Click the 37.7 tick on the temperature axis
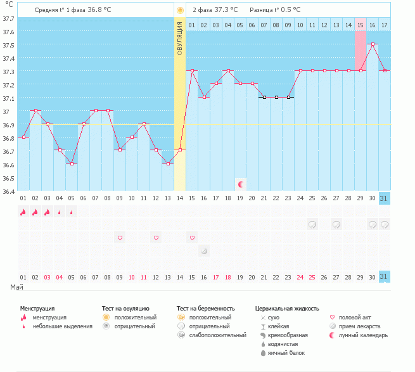pos(9,18)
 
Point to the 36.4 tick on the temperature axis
pos(9,191)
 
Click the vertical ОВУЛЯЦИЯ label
pos(180,38)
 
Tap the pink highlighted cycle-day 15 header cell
pos(360,25)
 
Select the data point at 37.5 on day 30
pos(372,44)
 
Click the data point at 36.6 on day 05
pos(72,164)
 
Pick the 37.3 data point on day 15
pos(192,71)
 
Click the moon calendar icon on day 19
pos(241,184)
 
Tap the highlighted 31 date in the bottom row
pos(384,277)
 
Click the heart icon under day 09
pos(120,238)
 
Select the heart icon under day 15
pos(192,238)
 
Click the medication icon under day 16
pos(204,251)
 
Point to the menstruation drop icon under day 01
pos(23,212)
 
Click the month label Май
pos(17,288)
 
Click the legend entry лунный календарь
pos(363,335)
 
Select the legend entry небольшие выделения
pos(61,326)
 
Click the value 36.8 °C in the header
pos(103,10)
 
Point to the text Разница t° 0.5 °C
pos(275,10)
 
